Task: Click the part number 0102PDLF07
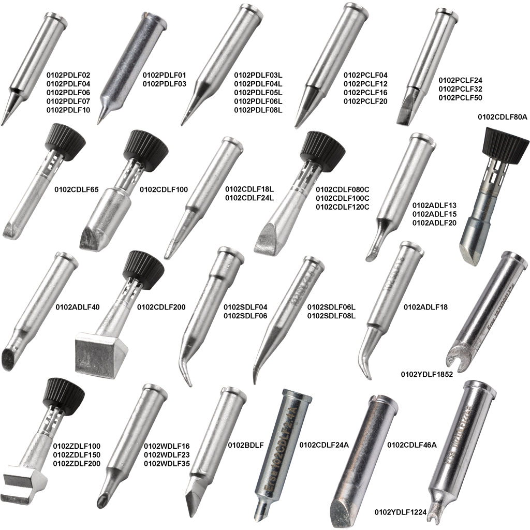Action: (x=68, y=101)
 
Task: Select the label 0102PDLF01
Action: (x=164, y=75)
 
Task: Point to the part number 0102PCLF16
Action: (x=365, y=92)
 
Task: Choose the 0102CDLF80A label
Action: (x=502, y=117)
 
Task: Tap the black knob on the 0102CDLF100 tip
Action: (x=142, y=144)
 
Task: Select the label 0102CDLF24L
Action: (x=249, y=198)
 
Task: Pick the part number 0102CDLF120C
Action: (x=342, y=207)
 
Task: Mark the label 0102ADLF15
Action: (x=434, y=213)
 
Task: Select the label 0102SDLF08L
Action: (x=331, y=316)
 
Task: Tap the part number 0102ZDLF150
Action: (x=77, y=454)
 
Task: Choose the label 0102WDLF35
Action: (x=167, y=463)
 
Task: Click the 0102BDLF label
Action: (x=246, y=445)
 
